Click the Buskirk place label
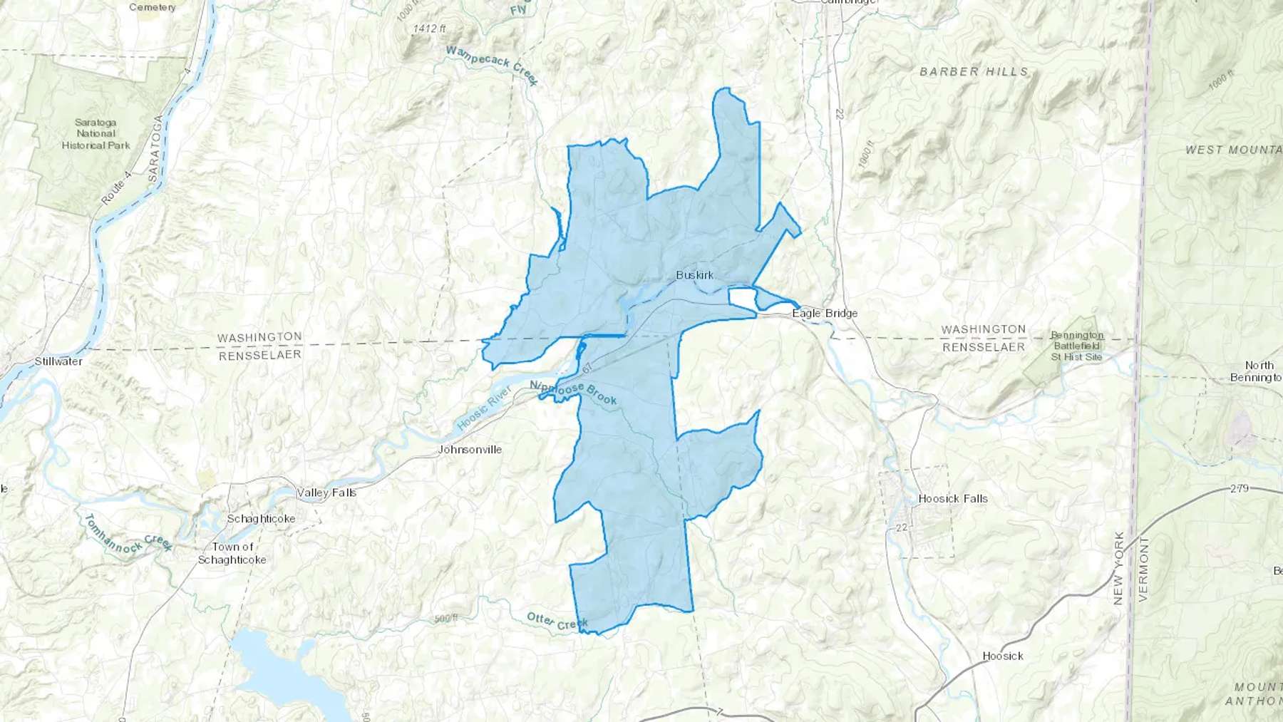(694, 275)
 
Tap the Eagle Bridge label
(825, 313)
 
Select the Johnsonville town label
(470, 450)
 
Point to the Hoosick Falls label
(953, 499)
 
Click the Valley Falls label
(326, 492)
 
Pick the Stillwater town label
(58, 361)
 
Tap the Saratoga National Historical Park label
(96, 134)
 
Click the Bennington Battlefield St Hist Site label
(1076, 346)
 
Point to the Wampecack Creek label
(492, 65)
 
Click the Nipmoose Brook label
(573, 392)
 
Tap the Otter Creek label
(557, 622)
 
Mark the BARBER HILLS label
(974, 72)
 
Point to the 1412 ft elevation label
(429, 29)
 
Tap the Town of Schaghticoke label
(232, 553)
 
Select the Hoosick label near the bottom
(1002, 656)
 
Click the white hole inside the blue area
(741, 297)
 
